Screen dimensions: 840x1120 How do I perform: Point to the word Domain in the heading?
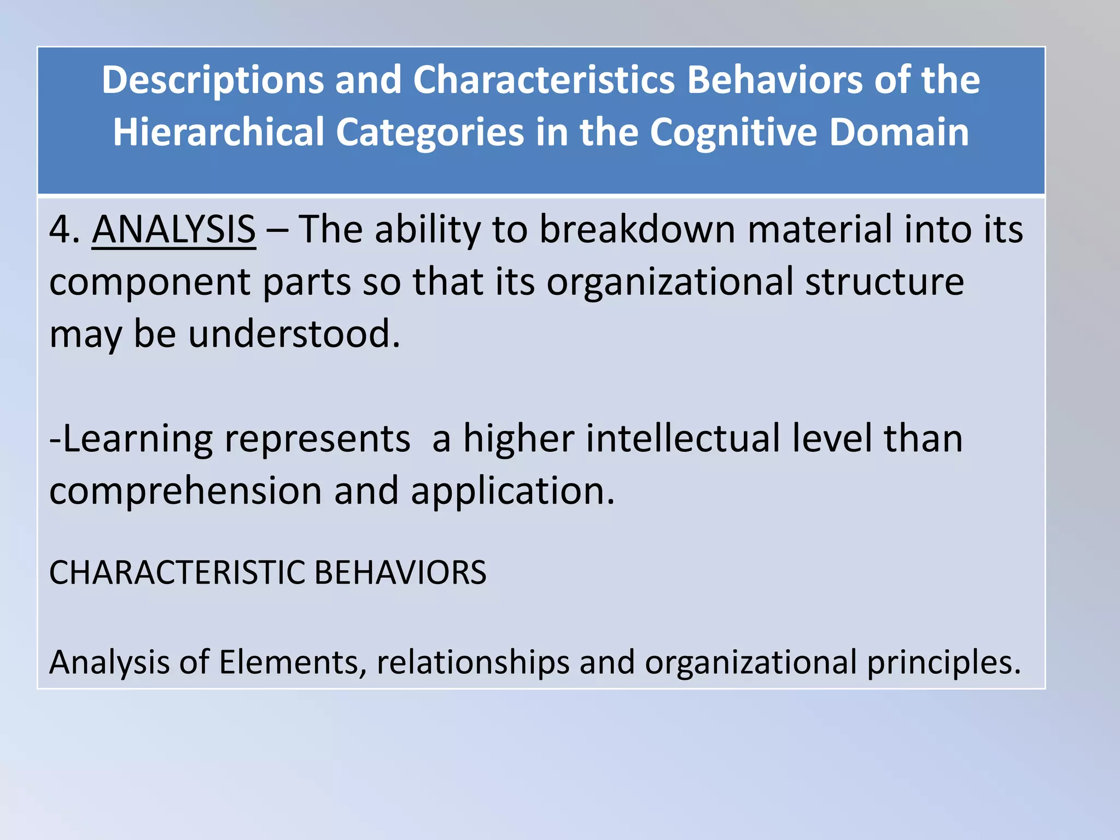[899, 133]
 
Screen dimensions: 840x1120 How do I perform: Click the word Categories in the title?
[430, 133]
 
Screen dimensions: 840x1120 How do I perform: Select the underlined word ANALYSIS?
[174, 230]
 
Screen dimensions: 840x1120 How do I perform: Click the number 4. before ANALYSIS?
[65, 230]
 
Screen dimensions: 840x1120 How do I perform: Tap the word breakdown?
[637, 230]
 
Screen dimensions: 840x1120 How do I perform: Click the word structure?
[884, 282]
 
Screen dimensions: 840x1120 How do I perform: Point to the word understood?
[294, 334]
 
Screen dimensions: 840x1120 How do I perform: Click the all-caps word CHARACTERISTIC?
[176, 573]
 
